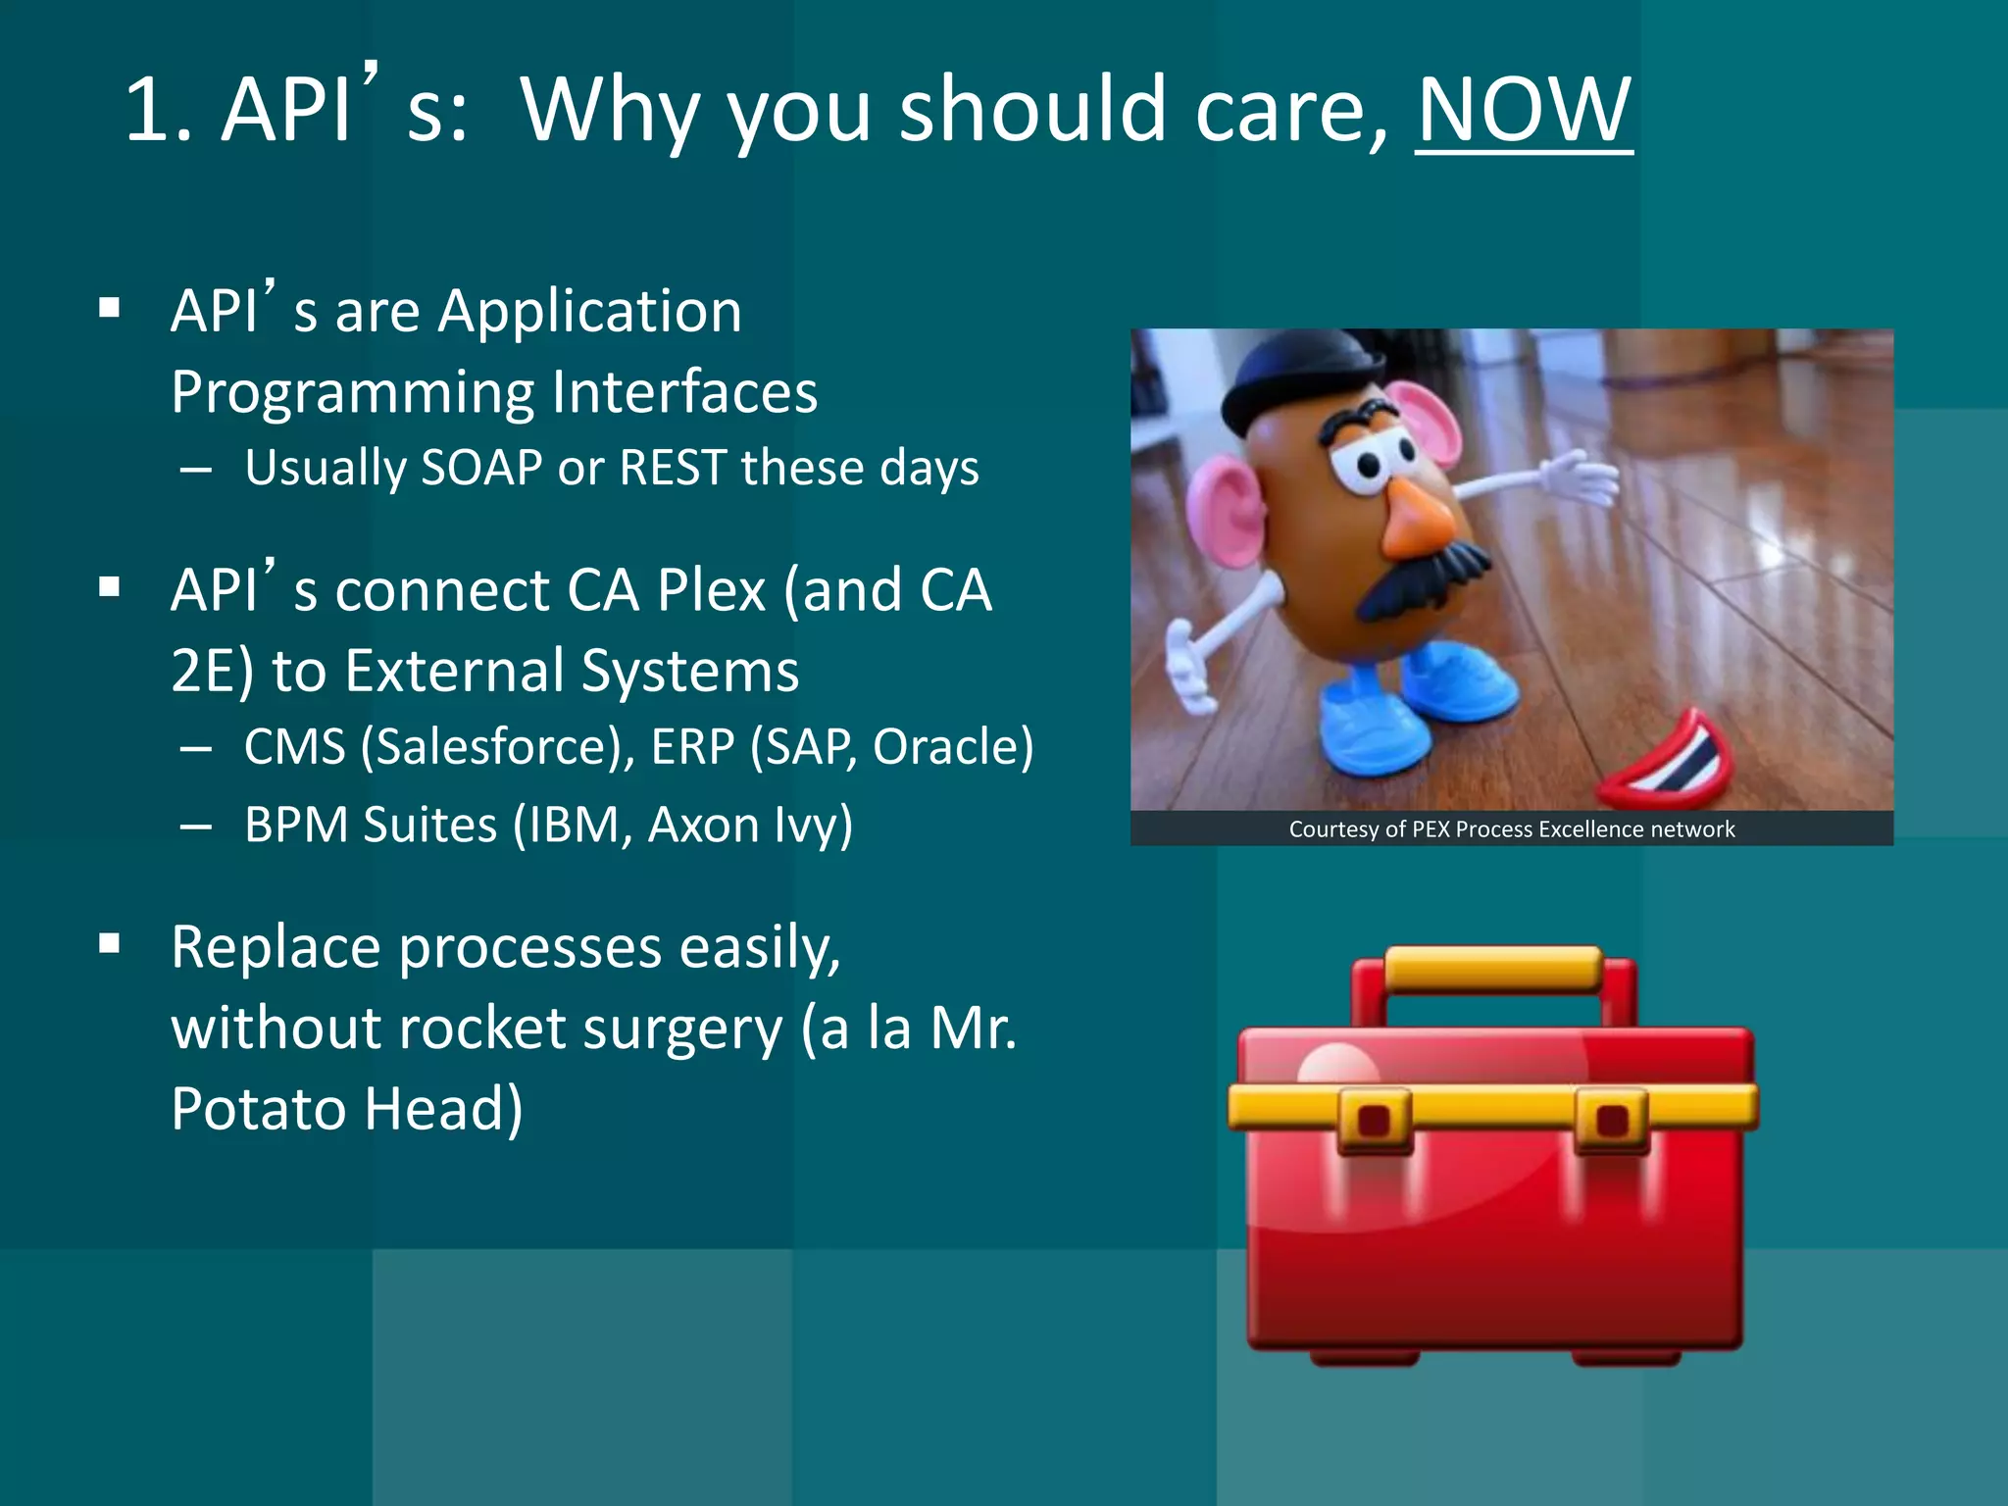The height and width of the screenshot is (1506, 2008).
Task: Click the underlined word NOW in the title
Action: coord(1523,110)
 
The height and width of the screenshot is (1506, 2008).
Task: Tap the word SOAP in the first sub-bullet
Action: coord(481,468)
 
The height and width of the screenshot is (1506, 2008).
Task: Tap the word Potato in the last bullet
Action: coord(258,1110)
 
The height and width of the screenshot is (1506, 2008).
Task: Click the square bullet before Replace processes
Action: coord(110,944)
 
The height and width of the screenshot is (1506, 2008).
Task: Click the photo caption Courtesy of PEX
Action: coord(1511,829)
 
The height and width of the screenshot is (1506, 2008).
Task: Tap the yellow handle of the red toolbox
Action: coord(1492,969)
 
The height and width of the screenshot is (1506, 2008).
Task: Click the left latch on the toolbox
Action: coord(1374,1120)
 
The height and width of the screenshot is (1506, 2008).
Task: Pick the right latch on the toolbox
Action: coord(1612,1120)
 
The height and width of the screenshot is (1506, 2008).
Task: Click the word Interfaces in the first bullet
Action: coord(684,393)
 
